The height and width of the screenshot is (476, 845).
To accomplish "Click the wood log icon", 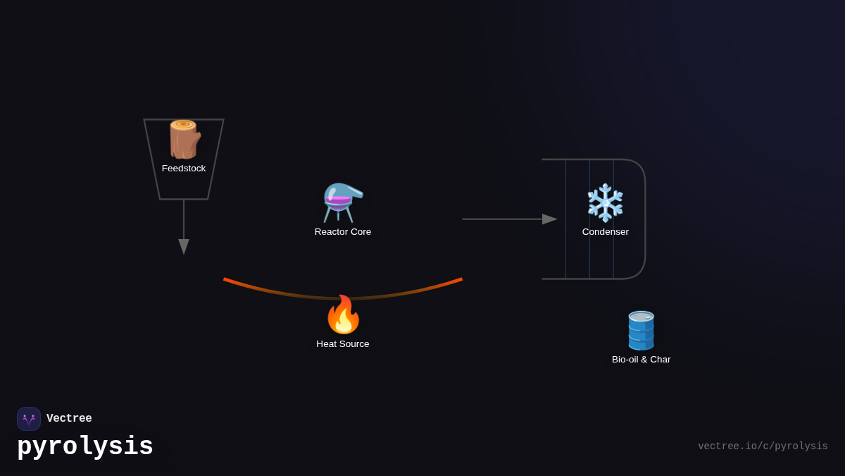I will pyautogui.click(x=184, y=140).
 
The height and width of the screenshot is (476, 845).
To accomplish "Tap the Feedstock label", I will pyautogui.click(x=184, y=169).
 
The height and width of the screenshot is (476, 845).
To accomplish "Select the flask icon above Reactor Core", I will pyautogui.click(x=342, y=202).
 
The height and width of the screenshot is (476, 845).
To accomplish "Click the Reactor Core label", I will pyautogui.click(x=343, y=232).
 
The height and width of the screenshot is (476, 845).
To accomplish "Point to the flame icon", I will pyautogui.click(x=343, y=315).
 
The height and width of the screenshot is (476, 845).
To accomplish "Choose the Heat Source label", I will pyautogui.click(x=343, y=344).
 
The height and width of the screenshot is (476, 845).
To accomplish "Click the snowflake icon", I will pyautogui.click(x=606, y=203).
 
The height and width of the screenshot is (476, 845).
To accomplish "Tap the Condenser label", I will pyautogui.click(x=606, y=232).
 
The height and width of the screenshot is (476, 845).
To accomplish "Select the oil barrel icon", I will pyautogui.click(x=641, y=330).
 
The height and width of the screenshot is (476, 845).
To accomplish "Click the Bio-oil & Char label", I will pyautogui.click(x=641, y=360).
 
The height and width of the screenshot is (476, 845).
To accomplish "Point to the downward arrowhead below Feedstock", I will pyautogui.click(x=184, y=246).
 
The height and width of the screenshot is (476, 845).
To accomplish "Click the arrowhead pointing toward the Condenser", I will pyautogui.click(x=549, y=219).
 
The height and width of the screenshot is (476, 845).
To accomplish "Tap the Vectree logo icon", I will pyautogui.click(x=29, y=419).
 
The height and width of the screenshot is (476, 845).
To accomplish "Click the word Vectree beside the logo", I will pyautogui.click(x=69, y=419).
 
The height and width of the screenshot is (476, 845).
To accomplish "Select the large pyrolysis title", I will pyautogui.click(x=85, y=447).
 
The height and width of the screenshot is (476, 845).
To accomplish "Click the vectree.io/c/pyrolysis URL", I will pyautogui.click(x=763, y=446).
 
